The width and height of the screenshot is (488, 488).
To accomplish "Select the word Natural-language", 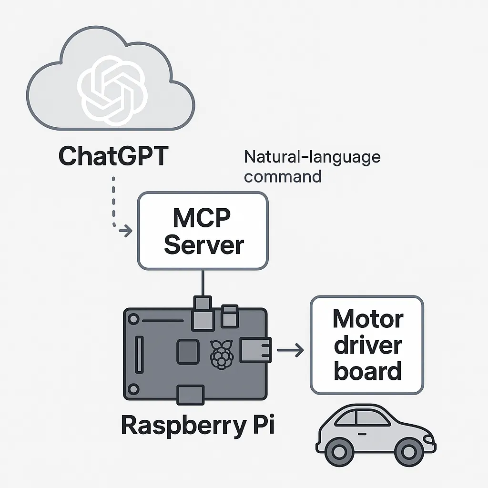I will point(312,158).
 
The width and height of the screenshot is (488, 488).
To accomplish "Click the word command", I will point(283,176).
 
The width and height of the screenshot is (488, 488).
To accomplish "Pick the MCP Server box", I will point(202,231).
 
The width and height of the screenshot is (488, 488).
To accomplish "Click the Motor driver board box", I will point(367,345).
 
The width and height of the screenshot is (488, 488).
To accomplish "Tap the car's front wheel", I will point(406,450).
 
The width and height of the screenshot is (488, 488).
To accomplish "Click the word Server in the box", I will point(203,245).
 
